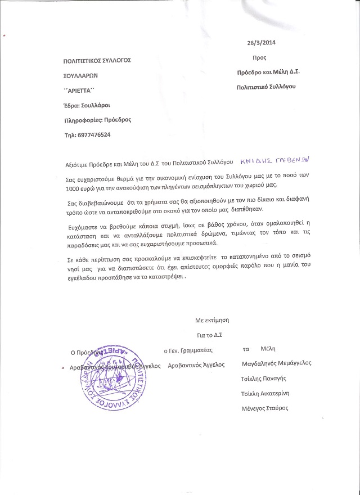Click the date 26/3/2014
pyautogui.click(x=262, y=42)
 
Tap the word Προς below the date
pyautogui.click(x=259, y=57)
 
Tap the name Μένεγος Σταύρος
pyautogui.click(x=264, y=408)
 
